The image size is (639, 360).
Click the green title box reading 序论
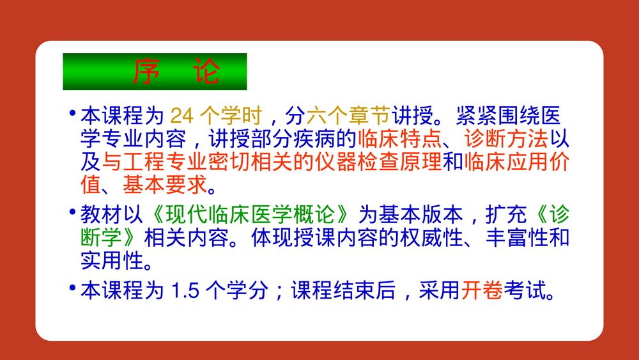tap(154, 72)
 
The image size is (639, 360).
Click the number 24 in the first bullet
tap(181, 116)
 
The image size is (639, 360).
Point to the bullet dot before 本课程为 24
tap(72, 113)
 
